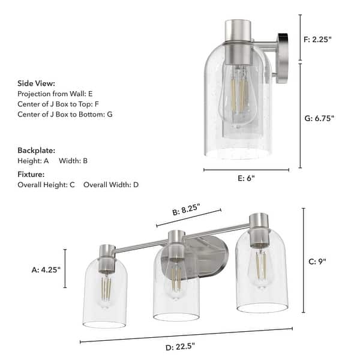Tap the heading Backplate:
[x=36, y=150]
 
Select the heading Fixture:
[x=32, y=173]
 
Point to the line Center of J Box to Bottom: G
[x=65, y=114]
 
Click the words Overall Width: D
[x=111, y=184]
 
